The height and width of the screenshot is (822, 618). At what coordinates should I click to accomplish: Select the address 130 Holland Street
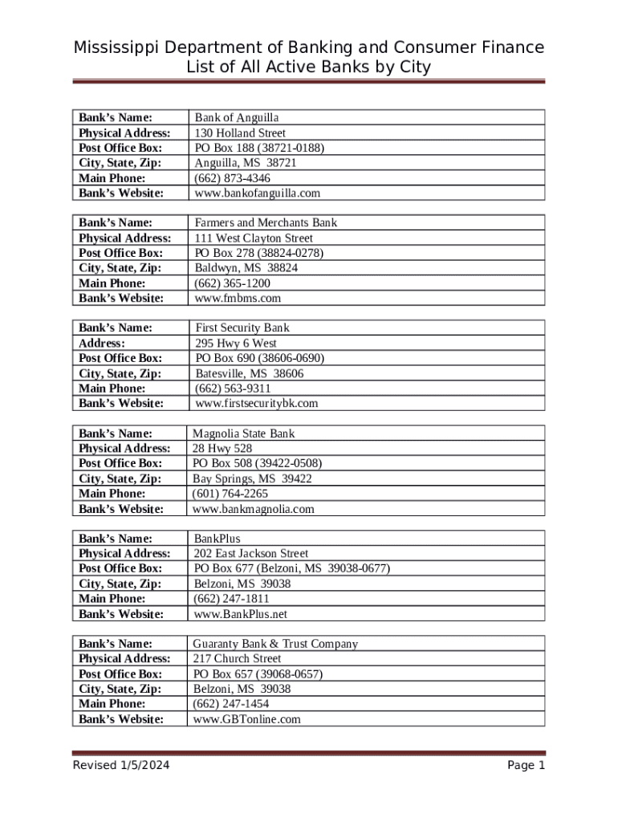tap(240, 132)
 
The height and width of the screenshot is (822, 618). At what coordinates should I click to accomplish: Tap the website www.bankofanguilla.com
tap(257, 193)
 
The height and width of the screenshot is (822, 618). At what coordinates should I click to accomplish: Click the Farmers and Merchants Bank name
tap(266, 222)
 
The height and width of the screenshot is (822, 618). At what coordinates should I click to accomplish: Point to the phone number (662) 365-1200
tap(232, 283)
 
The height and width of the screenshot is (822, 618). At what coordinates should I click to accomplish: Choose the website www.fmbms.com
tap(238, 298)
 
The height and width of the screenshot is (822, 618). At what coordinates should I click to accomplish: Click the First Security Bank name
tap(242, 328)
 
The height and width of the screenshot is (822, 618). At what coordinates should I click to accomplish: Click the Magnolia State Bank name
tap(244, 433)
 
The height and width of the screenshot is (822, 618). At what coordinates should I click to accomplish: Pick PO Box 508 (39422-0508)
tap(257, 463)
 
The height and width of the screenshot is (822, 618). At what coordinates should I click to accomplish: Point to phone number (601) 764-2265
tap(230, 494)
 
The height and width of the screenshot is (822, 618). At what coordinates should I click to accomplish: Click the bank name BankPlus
tap(218, 539)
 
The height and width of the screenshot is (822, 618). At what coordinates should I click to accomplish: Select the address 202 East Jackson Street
tap(251, 553)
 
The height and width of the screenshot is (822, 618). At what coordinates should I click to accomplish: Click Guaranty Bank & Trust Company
tap(275, 644)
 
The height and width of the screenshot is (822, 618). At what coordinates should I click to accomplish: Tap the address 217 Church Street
tap(237, 658)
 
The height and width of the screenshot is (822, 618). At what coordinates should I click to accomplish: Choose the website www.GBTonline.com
tap(246, 719)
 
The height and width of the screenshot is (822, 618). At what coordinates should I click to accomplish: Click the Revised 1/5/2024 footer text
tap(121, 765)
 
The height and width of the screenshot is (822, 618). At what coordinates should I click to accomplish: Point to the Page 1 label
tap(526, 765)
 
